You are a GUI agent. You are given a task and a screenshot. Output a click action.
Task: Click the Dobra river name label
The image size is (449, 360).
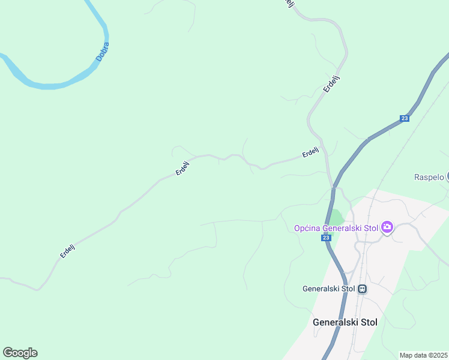coord(103,52)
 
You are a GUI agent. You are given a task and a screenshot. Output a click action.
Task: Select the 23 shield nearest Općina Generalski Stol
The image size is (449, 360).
coord(325,238)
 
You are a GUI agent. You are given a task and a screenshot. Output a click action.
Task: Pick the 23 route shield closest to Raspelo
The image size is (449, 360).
coord(405,119)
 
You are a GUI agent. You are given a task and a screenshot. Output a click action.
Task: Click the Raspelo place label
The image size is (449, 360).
coord(429,177)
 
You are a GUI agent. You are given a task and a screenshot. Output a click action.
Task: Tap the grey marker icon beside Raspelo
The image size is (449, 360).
coord(447,176)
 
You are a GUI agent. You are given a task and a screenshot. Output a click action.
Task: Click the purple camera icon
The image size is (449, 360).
coord(387,227)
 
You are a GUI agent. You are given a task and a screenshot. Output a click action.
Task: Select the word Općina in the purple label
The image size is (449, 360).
coord(307,228)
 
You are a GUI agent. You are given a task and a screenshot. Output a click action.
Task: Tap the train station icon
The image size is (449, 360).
coord(362,289)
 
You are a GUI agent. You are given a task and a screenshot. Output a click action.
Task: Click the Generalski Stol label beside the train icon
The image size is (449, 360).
coord(330,289)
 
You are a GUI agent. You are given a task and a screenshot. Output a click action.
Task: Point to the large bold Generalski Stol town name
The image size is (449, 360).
coord(345,322)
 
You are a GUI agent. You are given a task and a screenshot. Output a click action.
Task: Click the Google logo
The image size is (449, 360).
coord(20,353)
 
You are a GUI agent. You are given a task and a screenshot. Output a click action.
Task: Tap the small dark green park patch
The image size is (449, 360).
coord(336,217)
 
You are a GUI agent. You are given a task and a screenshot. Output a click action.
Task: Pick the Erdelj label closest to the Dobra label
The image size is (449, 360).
coord(182,167)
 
